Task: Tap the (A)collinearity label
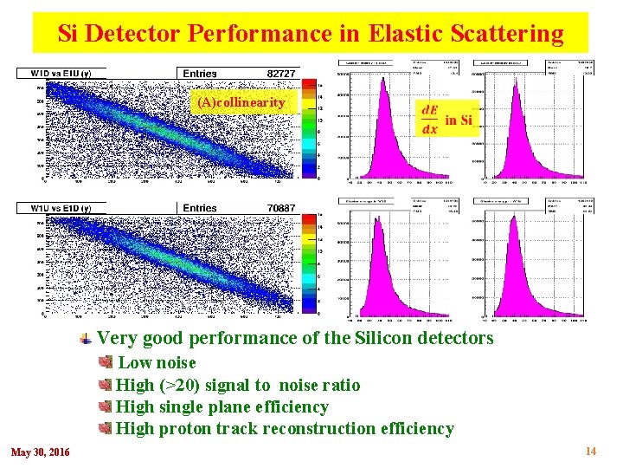coord(241,102)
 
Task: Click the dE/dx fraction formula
coord(428,120)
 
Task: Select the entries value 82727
coord(281,74)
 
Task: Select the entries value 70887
coord(281,208)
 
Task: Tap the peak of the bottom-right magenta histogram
coord(514,222)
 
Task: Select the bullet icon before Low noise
coord(106,361)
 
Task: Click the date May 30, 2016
coord(41,452)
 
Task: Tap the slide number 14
coord(591,451)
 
